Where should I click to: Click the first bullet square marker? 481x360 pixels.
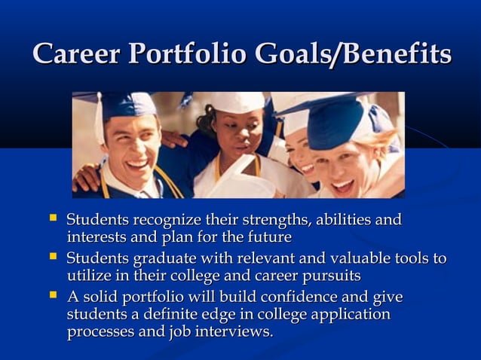pos(52,218)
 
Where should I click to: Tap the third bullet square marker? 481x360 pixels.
pos(52,294)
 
